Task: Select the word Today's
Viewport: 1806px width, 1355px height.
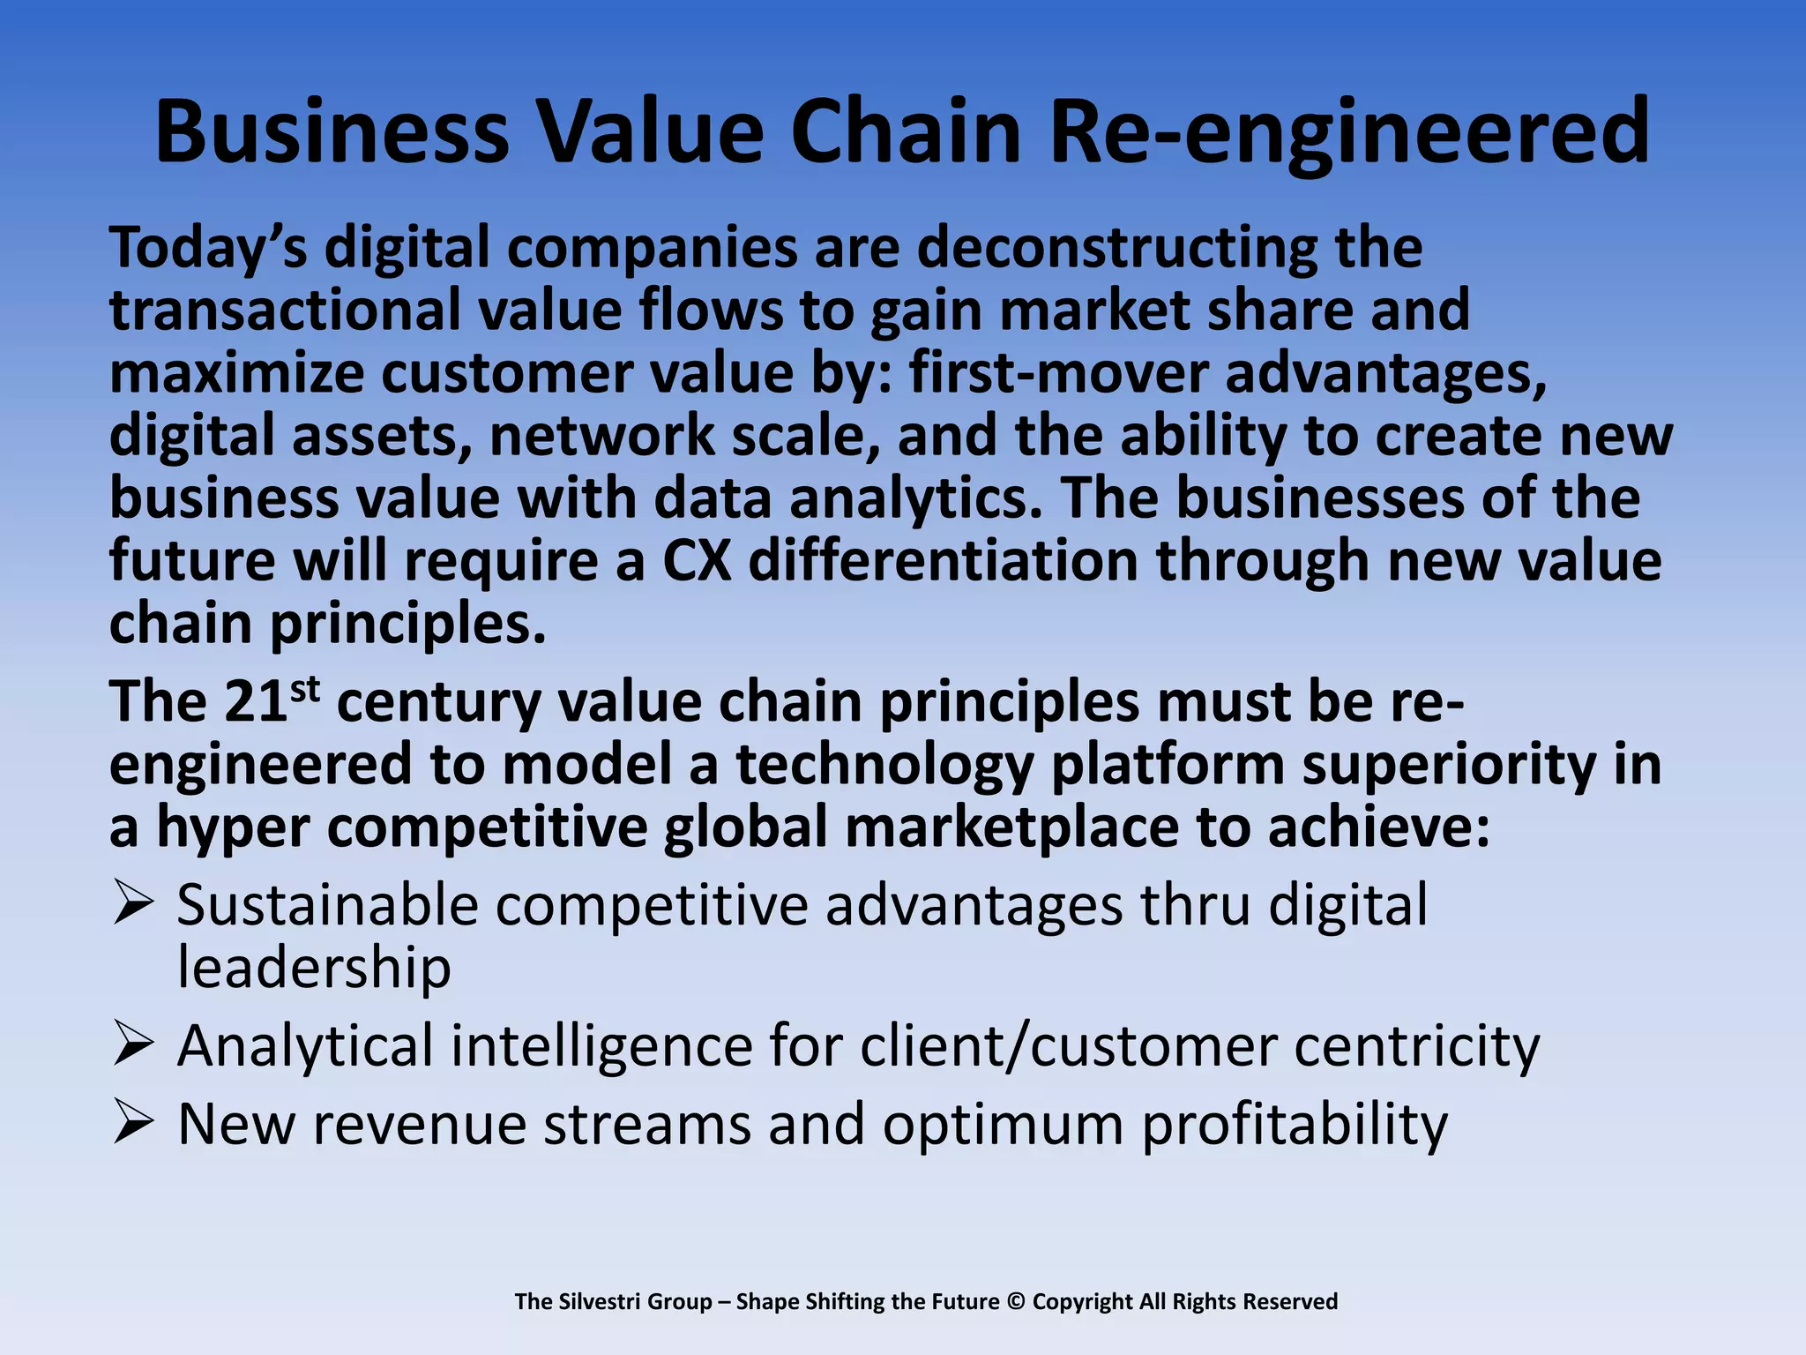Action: [209, 248]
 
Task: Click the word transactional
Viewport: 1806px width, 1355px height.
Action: [285, 311]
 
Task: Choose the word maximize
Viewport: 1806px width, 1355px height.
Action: [236, 373]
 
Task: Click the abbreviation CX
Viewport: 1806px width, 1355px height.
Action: [697, 561]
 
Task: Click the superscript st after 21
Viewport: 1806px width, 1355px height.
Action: [304, 689]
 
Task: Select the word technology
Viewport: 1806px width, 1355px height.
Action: [884, 765]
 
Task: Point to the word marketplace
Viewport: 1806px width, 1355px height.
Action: [1011, 828]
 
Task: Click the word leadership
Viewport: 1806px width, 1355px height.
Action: [314, 968]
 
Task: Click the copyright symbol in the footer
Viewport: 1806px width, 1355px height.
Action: [1016, 1301]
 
